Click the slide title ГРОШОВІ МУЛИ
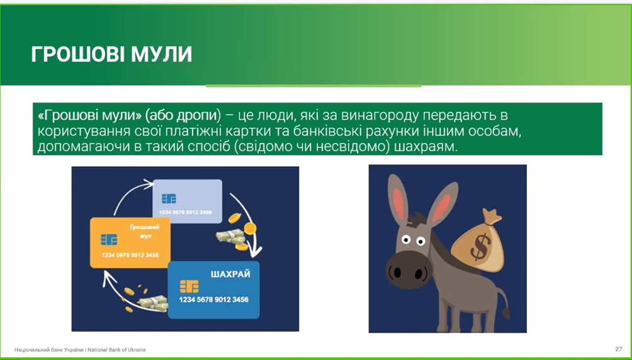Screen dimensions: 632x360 pyautogui.click(x=111, y=54)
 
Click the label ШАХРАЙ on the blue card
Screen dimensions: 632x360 pyautogui.click(x=230, y=274)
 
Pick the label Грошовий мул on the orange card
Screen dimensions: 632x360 pyautogui.click(x=145, y=232)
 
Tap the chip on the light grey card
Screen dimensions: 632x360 pyautogui.click(x=169, y=199)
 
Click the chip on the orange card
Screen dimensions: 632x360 pyautogui.click(x=109, y=239)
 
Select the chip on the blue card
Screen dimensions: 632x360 pyautogui.click(x=189, y=286)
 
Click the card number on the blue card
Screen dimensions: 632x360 pyautogui.click(x=213, y=300)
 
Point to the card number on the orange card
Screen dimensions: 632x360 pyautogui.click(x=130, y=255)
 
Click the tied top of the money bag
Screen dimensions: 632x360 pyautogui.click(x=492, y=217)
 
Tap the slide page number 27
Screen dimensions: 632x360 pyautogui.click(x=618, y=349)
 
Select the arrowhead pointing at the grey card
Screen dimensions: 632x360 pyautogui.click(x=149, y=183)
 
